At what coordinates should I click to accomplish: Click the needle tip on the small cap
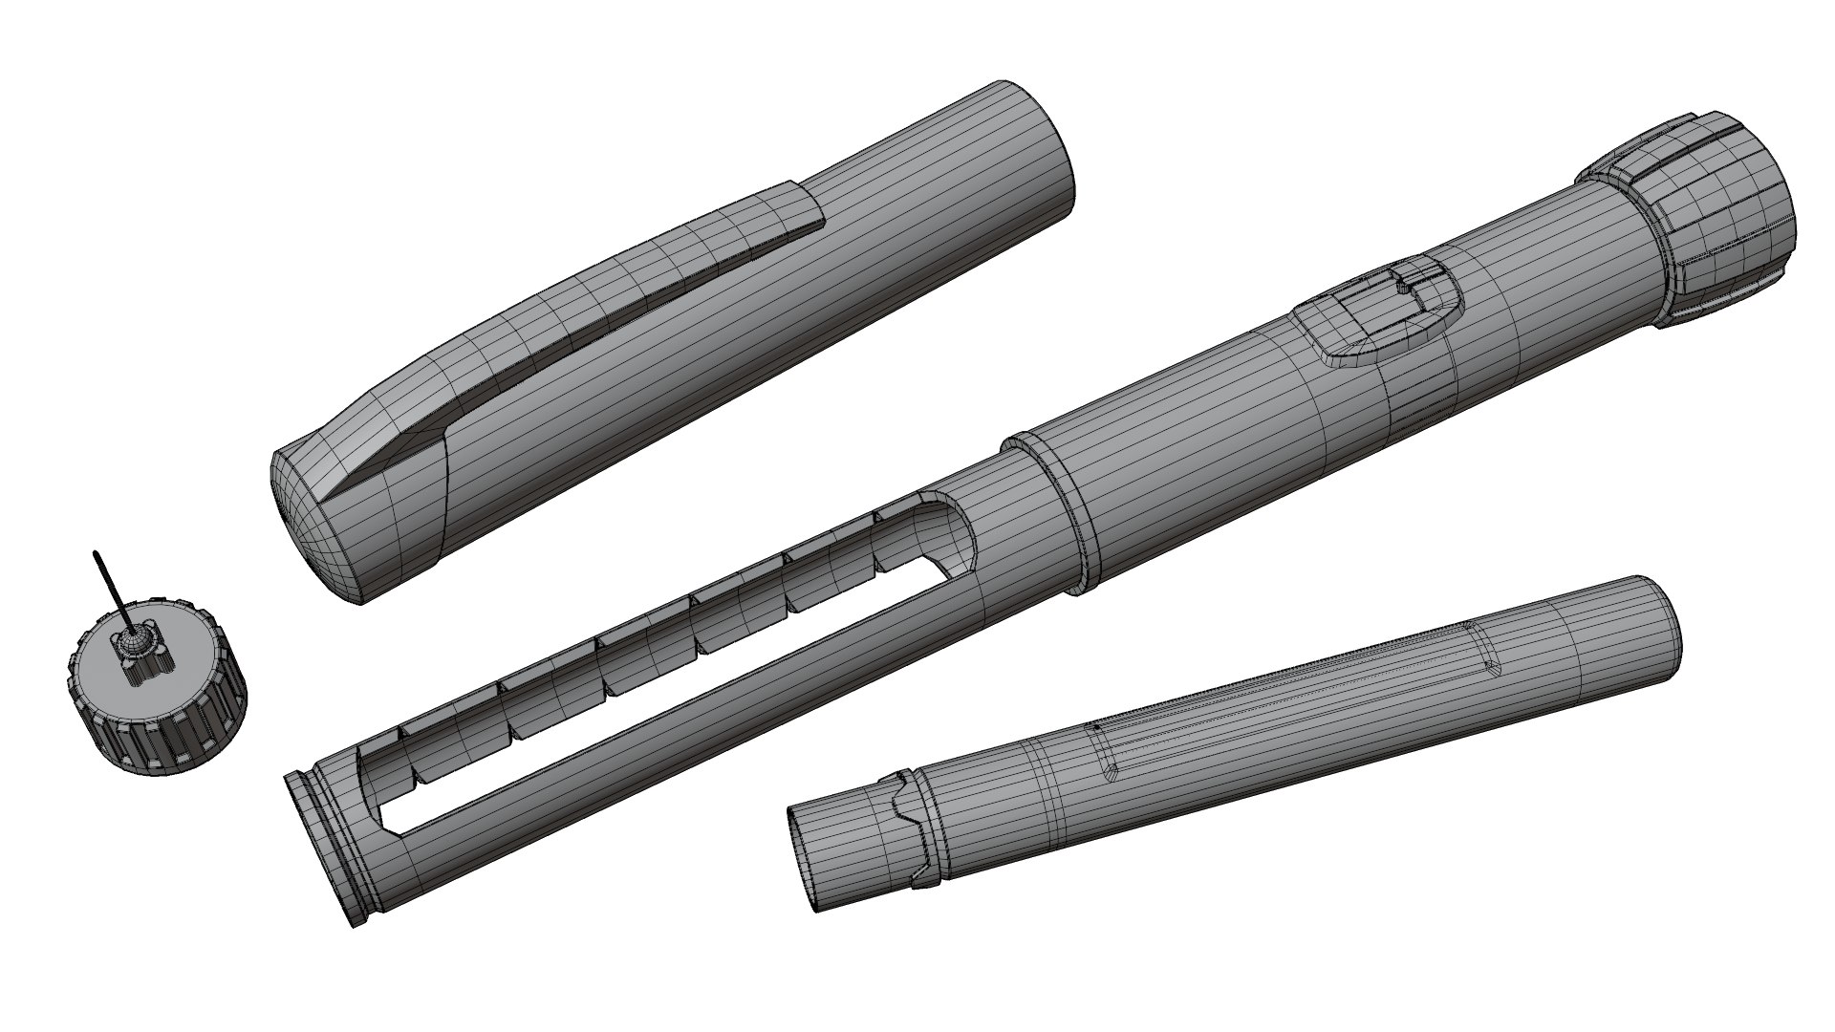96,553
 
